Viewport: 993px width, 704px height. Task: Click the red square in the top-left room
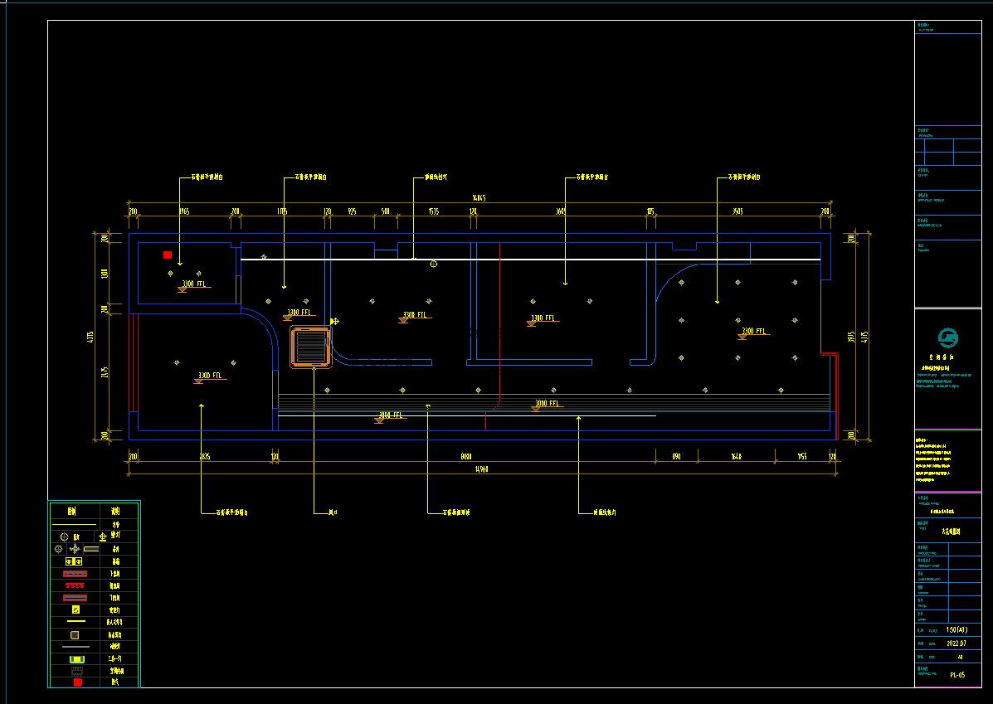168,255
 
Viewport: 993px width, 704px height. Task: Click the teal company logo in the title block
947,338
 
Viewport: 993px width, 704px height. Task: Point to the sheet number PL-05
957,675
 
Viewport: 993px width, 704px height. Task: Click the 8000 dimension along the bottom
466,456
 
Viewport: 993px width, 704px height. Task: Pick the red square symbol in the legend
77,682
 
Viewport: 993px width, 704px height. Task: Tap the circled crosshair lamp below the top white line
433,264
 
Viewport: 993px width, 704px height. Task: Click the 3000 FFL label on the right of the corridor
547,404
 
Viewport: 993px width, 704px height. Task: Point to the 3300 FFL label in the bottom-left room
210,376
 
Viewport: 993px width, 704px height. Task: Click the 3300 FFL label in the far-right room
753,332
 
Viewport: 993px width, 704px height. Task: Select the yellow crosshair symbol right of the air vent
334,321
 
